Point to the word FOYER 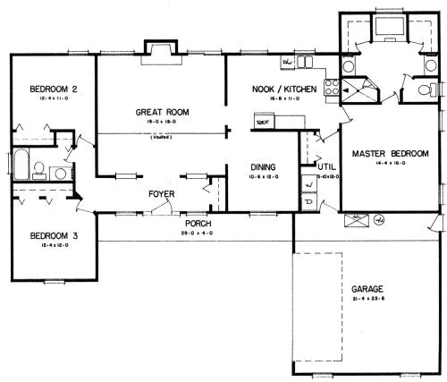pyautogui.click(x=161, y=193)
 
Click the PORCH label pyautogui.click(x=198, y=223)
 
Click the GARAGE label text pyautogui.click(x=367, y=289)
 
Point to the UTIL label pyautogui.click(x=327, y=166)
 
